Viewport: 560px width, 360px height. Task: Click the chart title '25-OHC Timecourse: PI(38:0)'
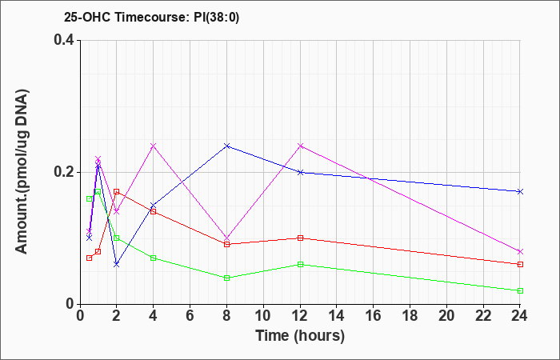(151, 17)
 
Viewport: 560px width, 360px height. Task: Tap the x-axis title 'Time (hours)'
(300, 336)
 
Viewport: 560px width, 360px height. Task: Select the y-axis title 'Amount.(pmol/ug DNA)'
(22, 171)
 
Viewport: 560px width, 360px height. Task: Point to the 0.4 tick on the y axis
(67, 40)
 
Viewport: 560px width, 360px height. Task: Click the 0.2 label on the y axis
(67, 172)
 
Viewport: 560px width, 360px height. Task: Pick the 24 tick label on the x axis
(520, 316)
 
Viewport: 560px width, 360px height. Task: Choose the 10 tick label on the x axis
(263, 316)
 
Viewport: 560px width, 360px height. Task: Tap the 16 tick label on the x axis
(374, 316)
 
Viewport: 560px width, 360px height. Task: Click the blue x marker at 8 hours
(226, 146)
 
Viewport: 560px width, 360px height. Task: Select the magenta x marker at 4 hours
(154, 146)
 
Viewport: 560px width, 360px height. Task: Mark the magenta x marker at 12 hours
(300, 146)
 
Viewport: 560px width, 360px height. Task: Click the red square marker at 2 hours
(117, 192)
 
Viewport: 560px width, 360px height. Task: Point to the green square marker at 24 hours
(520, 290)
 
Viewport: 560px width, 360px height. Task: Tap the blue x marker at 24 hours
(520, 192)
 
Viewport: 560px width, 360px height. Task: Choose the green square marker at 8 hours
(226, 278)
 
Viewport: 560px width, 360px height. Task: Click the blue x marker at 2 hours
(117, 264)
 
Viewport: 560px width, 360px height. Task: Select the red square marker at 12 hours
(300, 238)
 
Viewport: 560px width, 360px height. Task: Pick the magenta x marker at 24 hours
(520, 251)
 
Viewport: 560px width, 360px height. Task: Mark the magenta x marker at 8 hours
(226, 238)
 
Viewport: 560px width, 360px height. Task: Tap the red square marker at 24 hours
(520, 264)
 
